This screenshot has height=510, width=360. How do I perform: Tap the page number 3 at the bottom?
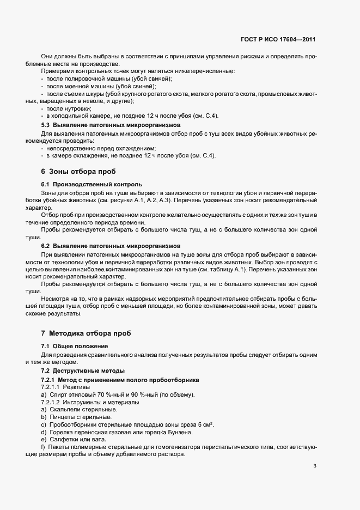315,465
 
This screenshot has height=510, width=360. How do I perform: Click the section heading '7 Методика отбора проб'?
86,333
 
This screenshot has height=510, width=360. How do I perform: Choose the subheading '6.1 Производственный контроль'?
91,185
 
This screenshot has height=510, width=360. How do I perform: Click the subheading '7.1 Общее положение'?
75,347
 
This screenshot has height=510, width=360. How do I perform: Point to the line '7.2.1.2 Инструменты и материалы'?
90,402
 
